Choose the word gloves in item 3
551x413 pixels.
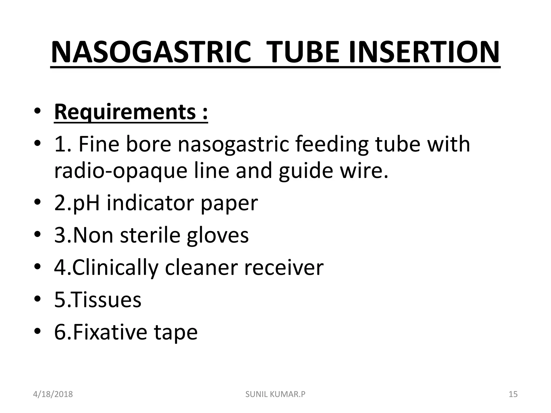pos(218,236)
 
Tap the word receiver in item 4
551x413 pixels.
pos(284,268)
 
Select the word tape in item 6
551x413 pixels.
pos(176,333)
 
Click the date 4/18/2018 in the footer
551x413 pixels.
pos(53,394)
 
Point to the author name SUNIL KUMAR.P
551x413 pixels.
pos(275,394)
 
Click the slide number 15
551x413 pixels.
pos(513,394)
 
